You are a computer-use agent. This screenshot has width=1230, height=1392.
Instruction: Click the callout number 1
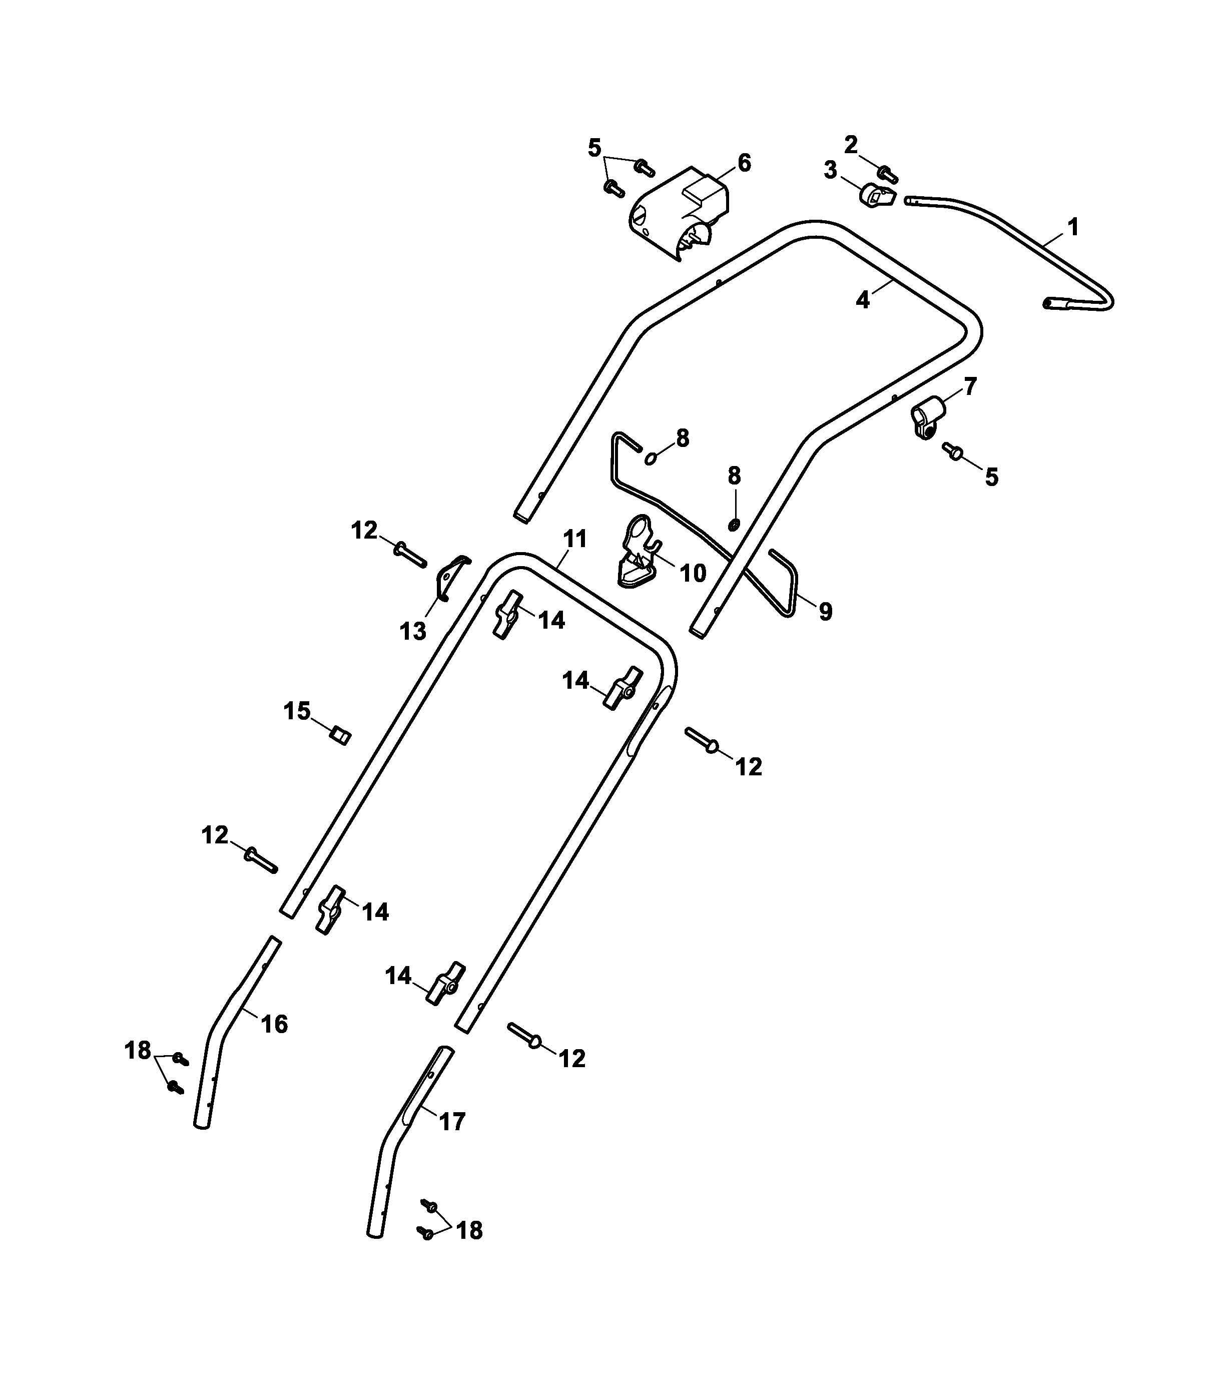[1073, 226]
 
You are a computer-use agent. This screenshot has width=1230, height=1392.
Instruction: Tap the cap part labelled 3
[875, 196]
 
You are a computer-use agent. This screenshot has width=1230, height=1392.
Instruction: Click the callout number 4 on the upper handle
[862, 300]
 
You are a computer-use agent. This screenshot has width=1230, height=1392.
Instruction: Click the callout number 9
[825, 612]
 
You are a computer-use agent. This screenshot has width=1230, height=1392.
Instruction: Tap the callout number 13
[412, 631]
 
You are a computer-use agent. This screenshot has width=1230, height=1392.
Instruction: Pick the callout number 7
[970, 386]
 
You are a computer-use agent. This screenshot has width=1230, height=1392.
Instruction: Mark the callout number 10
[693, 574]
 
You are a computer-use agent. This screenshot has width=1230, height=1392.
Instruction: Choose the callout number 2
[851, 144]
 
